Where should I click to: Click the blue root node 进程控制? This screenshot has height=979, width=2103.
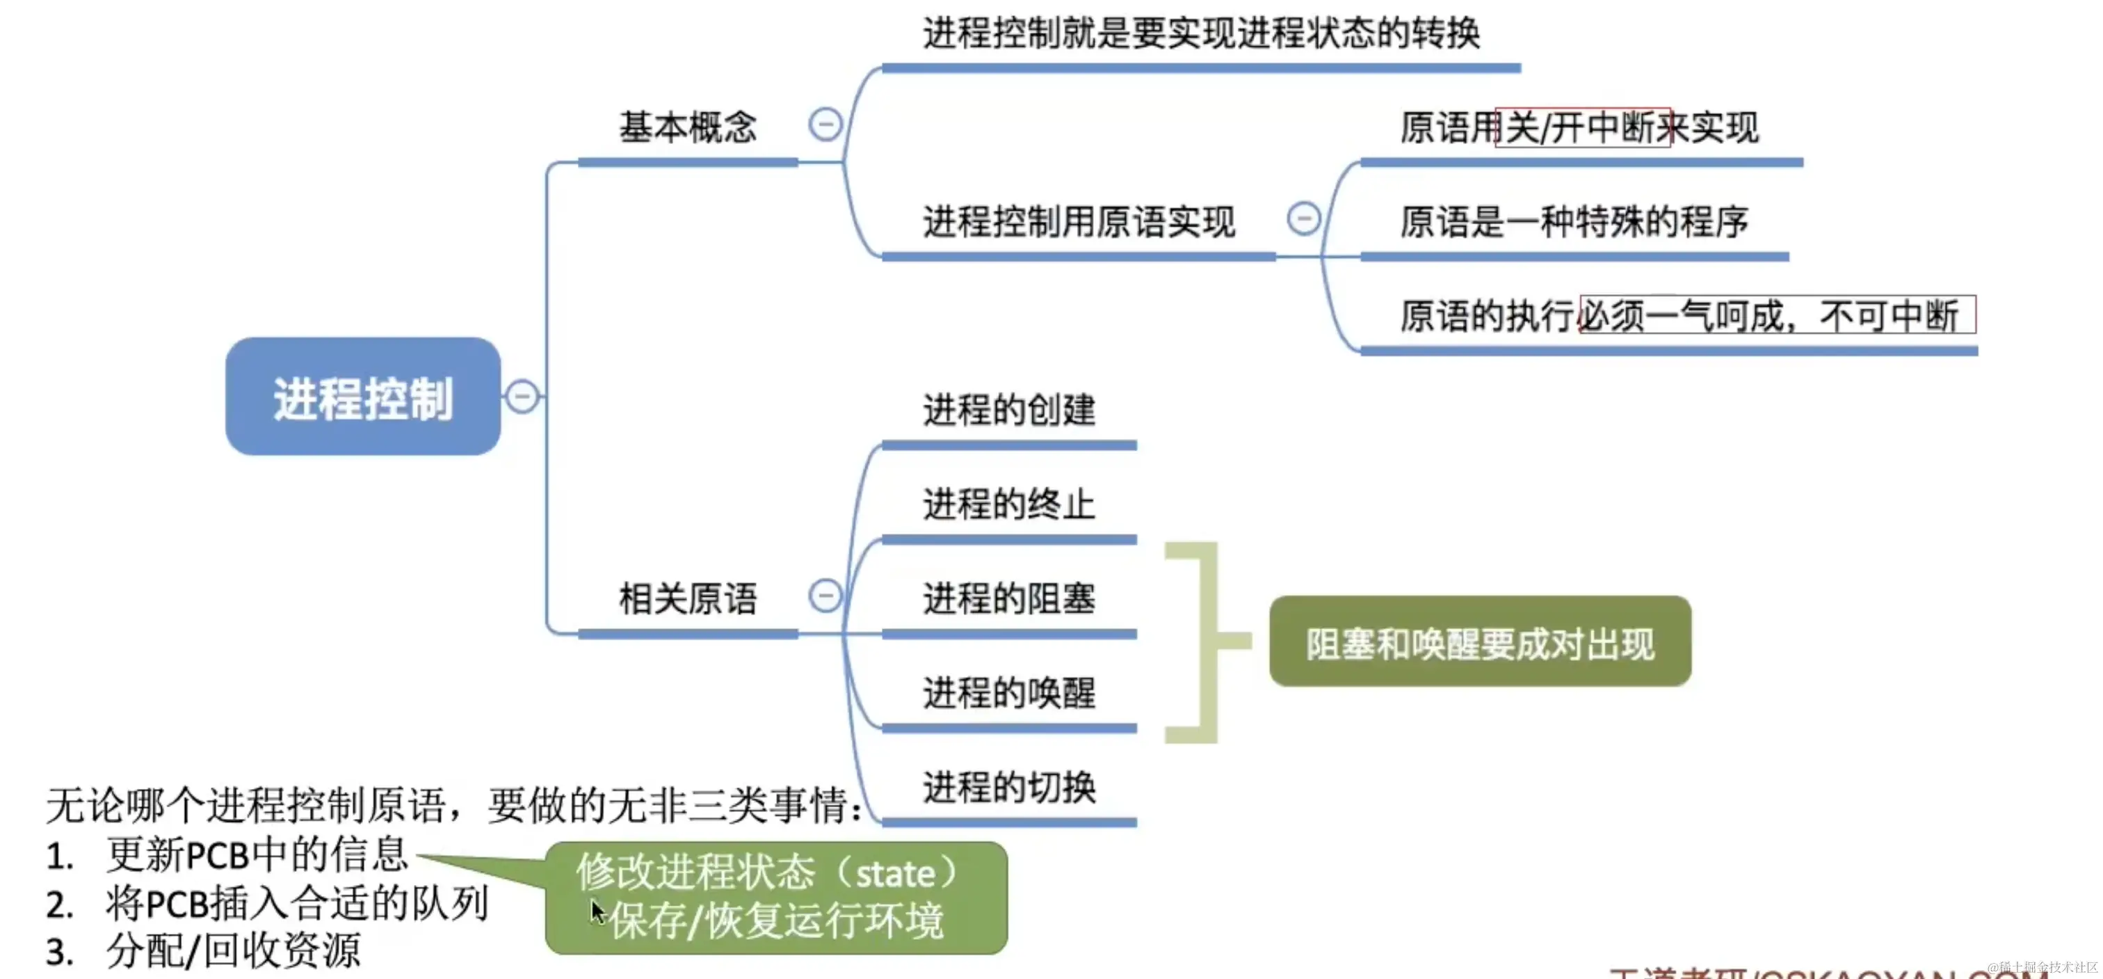362,397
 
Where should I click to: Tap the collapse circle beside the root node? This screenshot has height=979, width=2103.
522,397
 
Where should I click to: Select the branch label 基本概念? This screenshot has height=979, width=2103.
687,127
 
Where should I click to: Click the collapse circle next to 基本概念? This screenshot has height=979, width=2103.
825,124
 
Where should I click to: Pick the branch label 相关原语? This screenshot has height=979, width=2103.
687,598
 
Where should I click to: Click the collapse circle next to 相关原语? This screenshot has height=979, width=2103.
825,595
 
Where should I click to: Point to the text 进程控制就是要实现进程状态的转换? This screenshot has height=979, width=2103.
1201,34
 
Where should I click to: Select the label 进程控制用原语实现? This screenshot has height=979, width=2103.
1079,222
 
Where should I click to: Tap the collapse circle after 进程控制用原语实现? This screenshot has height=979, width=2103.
1303,218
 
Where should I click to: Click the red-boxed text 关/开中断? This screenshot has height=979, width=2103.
1582,127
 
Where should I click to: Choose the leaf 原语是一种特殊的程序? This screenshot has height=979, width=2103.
1574,222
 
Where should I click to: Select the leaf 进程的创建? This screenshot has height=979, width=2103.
1009,410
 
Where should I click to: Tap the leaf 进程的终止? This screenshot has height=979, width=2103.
1009,504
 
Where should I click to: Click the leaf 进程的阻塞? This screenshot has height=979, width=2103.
1009,598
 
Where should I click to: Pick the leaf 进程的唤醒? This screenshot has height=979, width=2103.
1009,693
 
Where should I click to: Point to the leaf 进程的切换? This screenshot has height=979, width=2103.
1009,787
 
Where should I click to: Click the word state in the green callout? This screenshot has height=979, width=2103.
896,875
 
